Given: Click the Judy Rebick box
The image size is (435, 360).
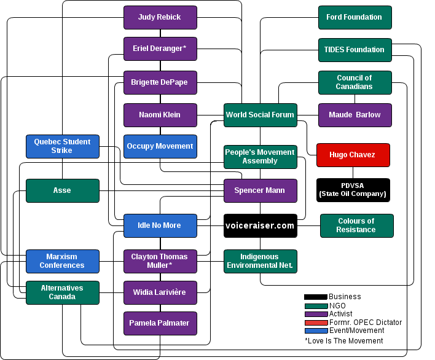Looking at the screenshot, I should coord(160,17).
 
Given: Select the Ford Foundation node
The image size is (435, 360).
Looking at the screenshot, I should coord(355,17).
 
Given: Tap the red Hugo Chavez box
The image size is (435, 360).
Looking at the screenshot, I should coord(353,155).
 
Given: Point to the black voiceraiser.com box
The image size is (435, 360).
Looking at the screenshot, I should coord(261,225).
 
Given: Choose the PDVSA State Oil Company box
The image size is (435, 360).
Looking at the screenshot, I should coord(353,190).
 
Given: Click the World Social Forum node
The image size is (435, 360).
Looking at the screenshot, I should coord(261,115).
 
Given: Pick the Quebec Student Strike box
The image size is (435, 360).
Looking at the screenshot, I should coord(62,146).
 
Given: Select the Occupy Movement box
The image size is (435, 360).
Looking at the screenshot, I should coord(160,146).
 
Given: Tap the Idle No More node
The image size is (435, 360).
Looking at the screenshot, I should coord(160,225).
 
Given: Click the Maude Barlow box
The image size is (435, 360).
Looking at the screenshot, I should coord(355,115).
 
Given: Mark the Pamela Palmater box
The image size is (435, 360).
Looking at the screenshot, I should coord(160,323).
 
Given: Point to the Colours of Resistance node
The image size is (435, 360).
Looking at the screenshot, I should coord(356,225).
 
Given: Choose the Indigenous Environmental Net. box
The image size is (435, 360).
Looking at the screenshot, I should coord(261,261).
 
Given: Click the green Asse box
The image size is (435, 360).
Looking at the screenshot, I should coord(62,190).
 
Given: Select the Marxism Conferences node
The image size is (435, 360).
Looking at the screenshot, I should coord(62,261).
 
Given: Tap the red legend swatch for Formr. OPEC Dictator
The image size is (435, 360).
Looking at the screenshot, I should coord(316,323).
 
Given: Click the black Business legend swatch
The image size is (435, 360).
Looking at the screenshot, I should coord(316,297).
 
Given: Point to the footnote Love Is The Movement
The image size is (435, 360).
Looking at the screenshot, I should coord(343,341).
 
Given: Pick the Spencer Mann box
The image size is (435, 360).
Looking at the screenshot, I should coord(261,190).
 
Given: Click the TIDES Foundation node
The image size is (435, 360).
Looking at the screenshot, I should coord(355,50).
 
